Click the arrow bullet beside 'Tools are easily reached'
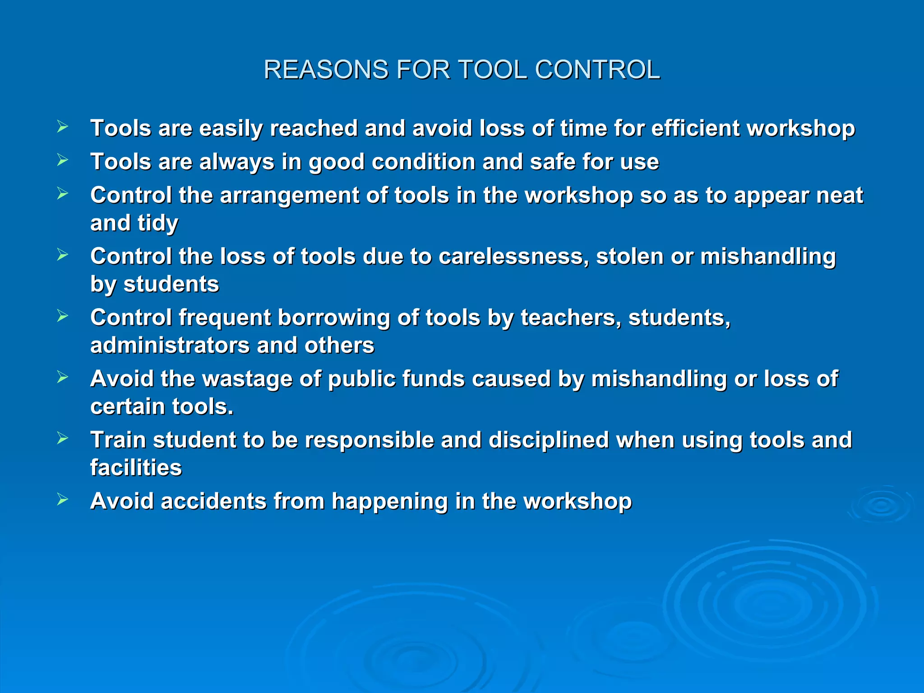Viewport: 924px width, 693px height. (x=63, y=127)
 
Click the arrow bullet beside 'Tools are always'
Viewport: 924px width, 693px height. (x=63, y=160)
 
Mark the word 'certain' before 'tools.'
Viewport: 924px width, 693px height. (x=127, y=407)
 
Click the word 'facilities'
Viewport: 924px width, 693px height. (x=136, y=468)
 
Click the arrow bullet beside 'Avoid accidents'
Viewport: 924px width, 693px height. (x=63, y=499)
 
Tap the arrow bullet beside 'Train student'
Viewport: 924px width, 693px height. (x=63, y=438)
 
